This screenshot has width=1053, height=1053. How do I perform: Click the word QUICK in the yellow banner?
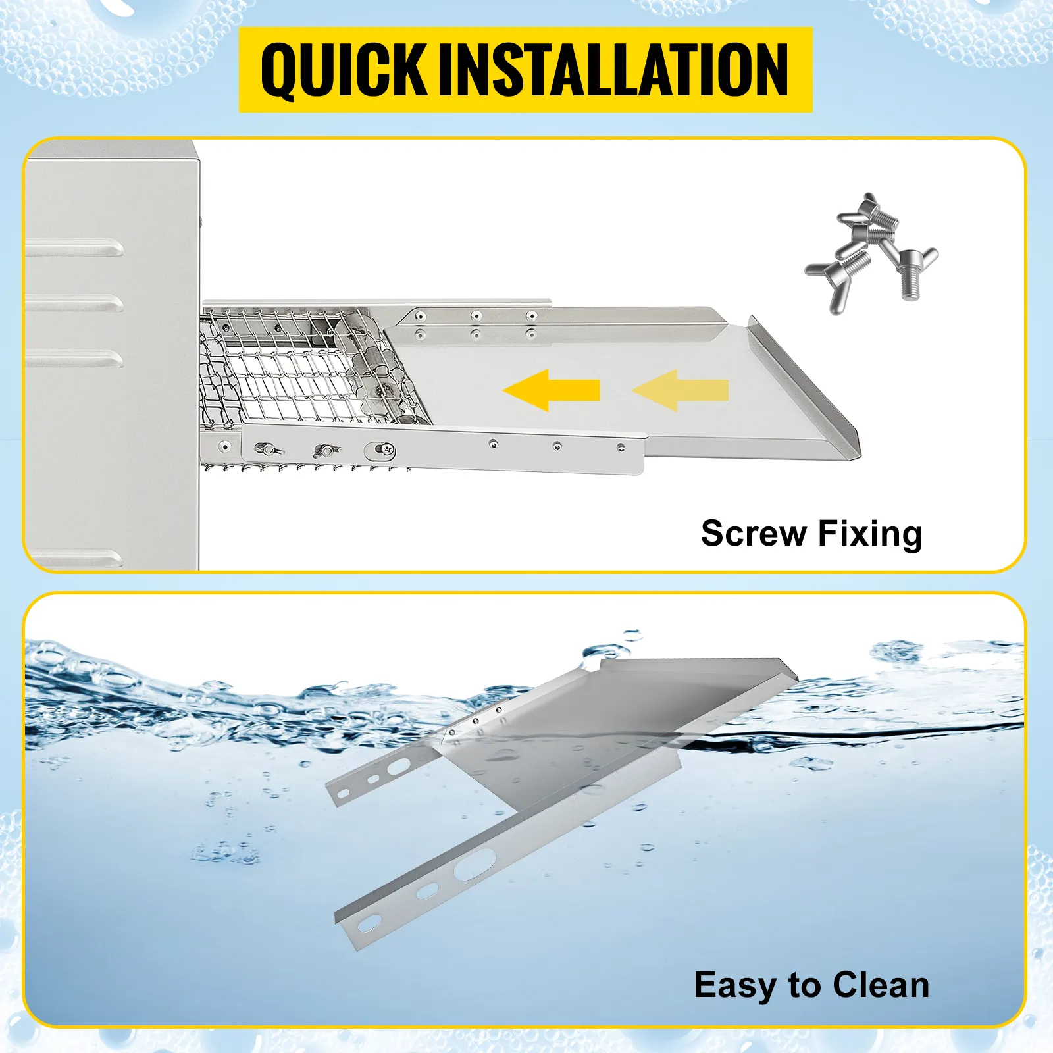[x=343, y=70]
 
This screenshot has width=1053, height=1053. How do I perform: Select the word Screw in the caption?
[x=754, y=533]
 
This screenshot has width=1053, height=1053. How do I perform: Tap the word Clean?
[x=881, y=985]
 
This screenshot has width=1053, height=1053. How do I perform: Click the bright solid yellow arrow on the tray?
[x=552, y=390]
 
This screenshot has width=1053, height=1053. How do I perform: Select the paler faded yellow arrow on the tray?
[x=681, y=390]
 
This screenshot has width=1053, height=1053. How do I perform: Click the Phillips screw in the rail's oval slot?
[x=387, y=451]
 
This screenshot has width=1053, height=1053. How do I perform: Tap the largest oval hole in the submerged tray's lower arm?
[x=475, y=864]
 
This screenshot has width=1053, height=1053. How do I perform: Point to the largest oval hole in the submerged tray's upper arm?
[x=399, y=767]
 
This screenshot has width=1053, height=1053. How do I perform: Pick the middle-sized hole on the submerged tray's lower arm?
[x=427, y=892]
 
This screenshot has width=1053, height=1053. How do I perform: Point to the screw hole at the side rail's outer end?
[x=621, y=448]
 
